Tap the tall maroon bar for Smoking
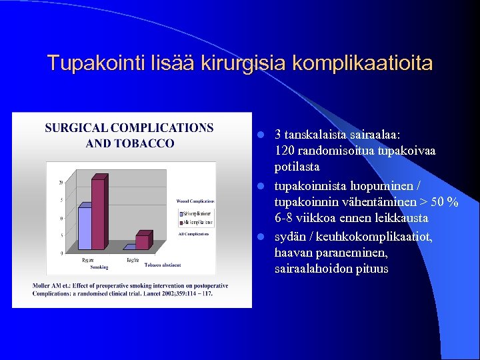(99, 214)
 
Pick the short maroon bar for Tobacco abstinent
(142, 242)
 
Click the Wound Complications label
(195, 201)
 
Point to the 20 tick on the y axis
(61, 183)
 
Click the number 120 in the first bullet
(285, 151)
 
